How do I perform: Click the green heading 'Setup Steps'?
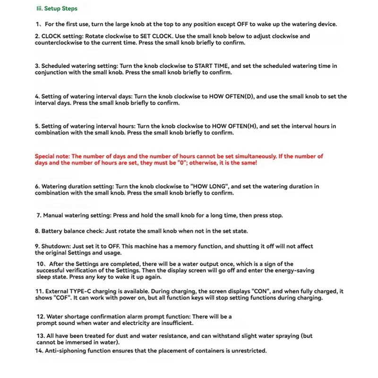(x=60, y=9)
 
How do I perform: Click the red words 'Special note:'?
(x=52, y=156)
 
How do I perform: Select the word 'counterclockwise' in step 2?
(x=58, y=43)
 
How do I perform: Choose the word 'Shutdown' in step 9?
(x=55, y=246)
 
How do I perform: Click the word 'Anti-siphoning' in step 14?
(x=66, y=351)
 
